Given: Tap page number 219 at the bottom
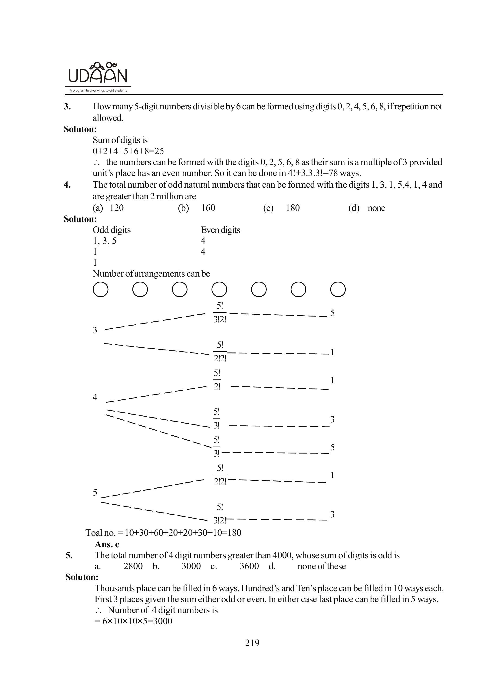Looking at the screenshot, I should (252, 643).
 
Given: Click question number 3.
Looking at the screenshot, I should (67, 106).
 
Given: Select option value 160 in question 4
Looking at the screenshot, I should (208, 208).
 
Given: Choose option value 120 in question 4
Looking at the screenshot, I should (117, 208).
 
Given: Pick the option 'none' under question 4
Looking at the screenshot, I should (376, 208).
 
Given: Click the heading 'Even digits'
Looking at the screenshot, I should (220, 230).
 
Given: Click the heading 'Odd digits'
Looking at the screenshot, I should (112, 230).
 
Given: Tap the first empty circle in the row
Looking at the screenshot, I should (100, 289).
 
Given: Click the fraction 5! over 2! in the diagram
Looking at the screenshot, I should (217, 380).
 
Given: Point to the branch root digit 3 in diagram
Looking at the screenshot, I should (95, 330).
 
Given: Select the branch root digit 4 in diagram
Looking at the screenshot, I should (95, 397).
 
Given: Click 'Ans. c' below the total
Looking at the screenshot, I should (107, 544).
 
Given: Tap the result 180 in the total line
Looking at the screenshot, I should (234, 533).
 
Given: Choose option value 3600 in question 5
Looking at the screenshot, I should (249, 566).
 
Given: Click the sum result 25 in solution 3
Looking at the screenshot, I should (159, 151).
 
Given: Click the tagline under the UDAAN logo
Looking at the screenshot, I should (98, 91).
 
